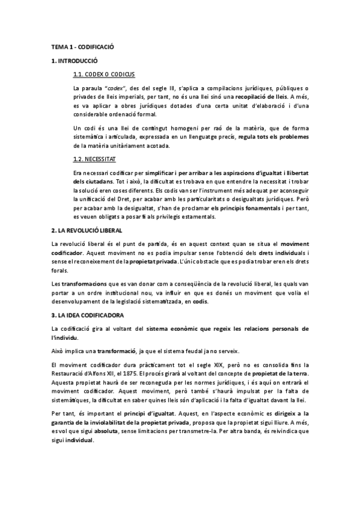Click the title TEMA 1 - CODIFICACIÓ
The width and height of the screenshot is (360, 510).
click(82, 46)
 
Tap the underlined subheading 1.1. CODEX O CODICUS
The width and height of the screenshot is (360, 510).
click(103, 75)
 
